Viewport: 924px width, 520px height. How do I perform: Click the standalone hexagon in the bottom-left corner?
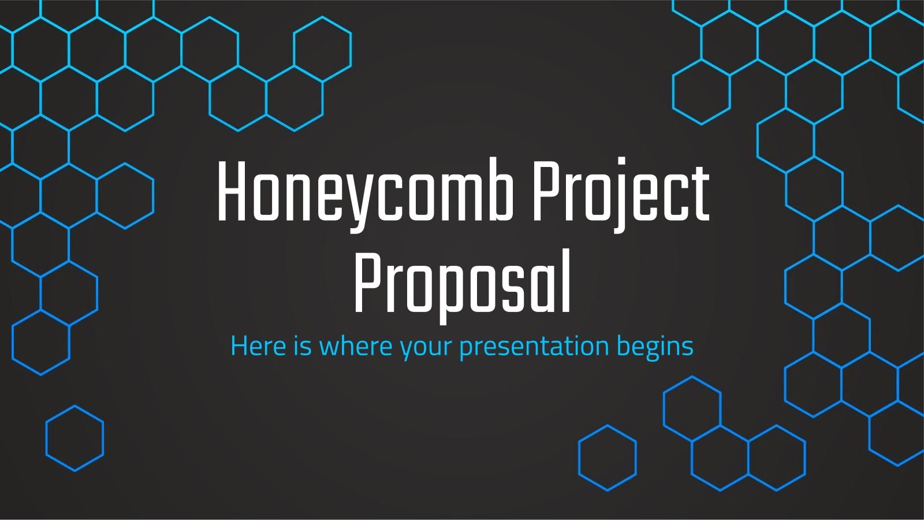coord(74,438)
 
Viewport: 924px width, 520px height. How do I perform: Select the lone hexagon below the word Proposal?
coord(607,458)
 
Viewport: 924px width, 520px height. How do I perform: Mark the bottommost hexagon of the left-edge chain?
coord(40,343)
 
